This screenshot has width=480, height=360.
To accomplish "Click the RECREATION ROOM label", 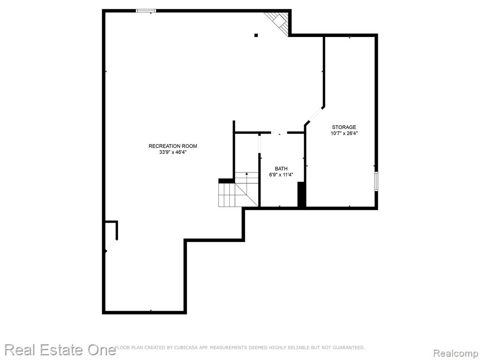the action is [x=172, y=146].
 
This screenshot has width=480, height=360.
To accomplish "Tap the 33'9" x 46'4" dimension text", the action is [x=172, y=152].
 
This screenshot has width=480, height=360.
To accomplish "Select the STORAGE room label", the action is [x=344, y=127].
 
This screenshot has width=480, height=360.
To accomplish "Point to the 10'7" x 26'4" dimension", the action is [x=344, y=133].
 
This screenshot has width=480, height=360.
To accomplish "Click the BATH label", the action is [x=281, y=169].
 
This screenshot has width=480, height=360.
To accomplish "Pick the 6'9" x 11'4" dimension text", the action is [x=281, y=175].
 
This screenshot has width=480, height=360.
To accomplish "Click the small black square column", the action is [x=256, y=35].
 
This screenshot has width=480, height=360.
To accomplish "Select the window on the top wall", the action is [x=146, y=11].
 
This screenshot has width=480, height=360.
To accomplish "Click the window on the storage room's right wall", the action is [x=376, y=181].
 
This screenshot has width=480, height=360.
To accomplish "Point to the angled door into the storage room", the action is [x=315, y=116].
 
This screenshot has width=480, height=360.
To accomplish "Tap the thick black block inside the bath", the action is [x=301, y=195].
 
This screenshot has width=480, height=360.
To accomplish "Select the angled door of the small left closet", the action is [x=111, y=245].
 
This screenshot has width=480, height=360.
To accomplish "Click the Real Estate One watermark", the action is [x=60, y=350].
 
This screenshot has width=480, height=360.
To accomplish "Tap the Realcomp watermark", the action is [x=456, y=353].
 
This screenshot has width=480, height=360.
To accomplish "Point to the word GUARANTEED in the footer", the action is [x=349, y=347].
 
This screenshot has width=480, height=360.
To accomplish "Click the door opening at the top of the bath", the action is [x=279, y=133].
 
